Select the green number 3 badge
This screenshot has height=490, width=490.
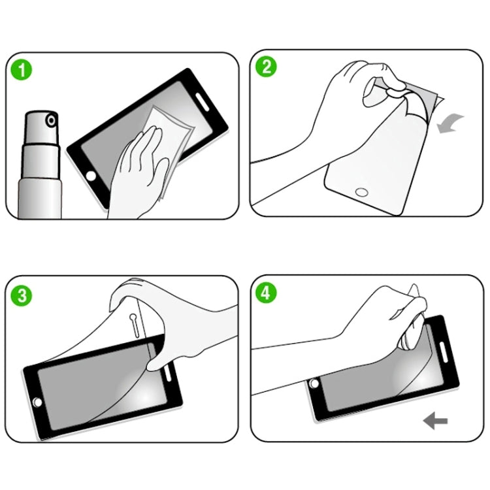(x=22, y=295)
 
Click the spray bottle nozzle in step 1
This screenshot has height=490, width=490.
(x=50, y=120)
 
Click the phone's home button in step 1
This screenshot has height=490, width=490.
(x=91, y=176)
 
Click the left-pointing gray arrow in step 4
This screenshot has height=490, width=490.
(x=434, y=421)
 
